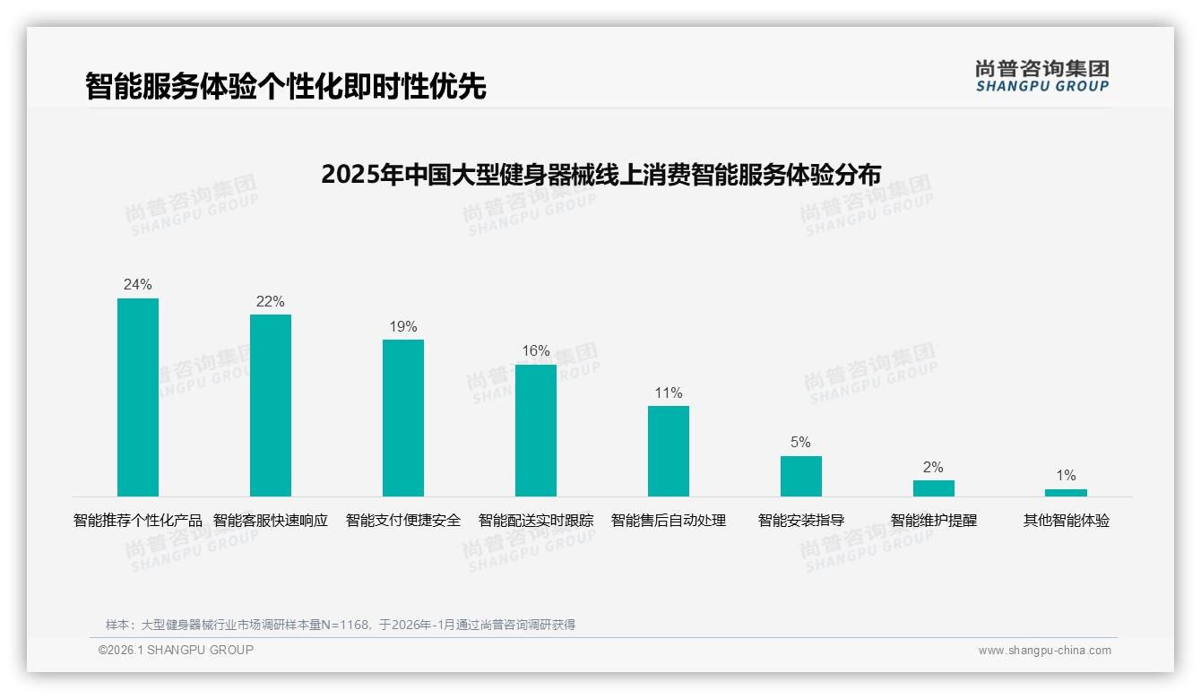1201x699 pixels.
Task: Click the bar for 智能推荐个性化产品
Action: click(138, 397)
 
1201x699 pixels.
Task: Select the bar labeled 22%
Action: click(271, 405)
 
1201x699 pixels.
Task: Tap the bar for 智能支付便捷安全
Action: click(403, 418)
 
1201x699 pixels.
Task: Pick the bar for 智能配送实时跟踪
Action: click(536, 430)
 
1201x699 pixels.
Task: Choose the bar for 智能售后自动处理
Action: click(669, 451)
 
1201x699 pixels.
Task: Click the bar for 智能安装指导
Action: click(800, 476)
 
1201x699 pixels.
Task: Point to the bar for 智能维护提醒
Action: click(933, 488)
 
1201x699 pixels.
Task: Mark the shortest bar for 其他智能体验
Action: click(1066, 492)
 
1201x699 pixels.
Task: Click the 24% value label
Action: click(138, 285)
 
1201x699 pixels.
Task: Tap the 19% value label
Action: click(403, 327)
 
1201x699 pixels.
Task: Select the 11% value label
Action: click(669, 393)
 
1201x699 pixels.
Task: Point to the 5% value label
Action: click(800, 443)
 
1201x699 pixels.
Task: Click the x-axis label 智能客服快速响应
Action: click(271, 521)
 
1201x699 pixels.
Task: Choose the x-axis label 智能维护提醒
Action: click(933, 521)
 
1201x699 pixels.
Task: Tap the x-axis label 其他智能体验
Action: click(1066, 521)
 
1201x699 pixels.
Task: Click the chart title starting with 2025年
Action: click(600, 174)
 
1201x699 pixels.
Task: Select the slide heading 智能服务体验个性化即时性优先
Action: click(286, 87)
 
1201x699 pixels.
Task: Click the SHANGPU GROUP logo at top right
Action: click(1041, 76)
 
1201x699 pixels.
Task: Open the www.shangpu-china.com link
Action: click(1044, 651)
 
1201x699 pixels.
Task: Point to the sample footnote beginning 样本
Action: click(341, 625)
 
